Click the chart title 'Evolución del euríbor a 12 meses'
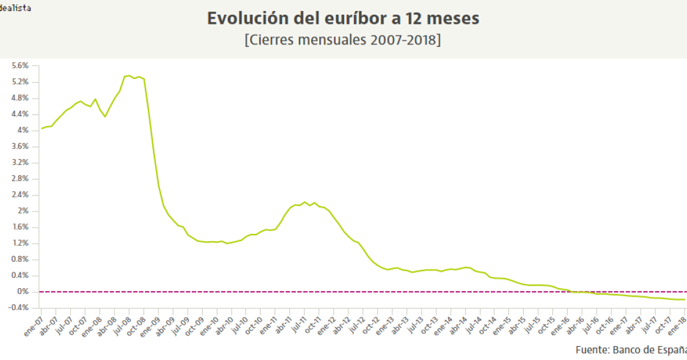tap(343, 19)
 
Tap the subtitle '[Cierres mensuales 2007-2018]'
tap(343, 40)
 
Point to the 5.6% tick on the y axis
tap(20, 66)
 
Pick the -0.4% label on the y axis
tap(18, 308)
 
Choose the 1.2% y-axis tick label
tap(20, 243)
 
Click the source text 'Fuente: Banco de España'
tap(630, 350)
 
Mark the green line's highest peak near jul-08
tap(129, 76)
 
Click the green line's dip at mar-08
tap(105, 116)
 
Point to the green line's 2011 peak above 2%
tap(305, 202)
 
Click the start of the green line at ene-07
tap(41, 129)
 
